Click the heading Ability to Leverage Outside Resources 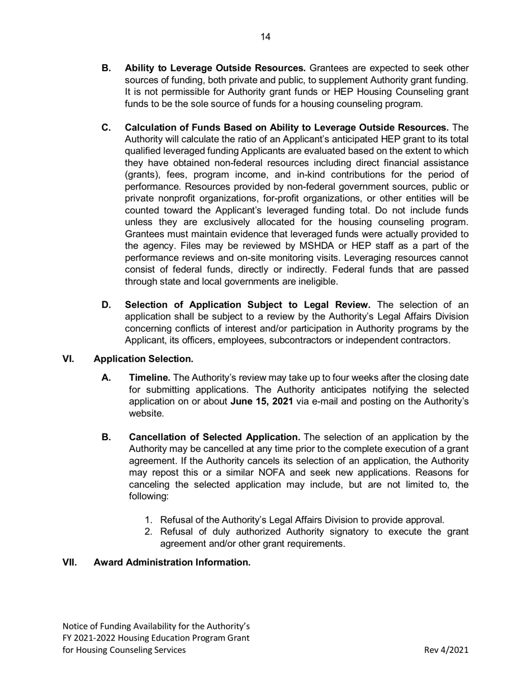(x=215, y=68)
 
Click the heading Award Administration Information (x=172, y=562)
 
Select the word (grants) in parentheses (x=142, y=174)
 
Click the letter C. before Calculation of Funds (x=106, y=127)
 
